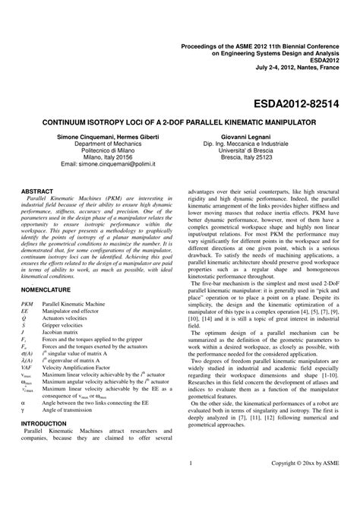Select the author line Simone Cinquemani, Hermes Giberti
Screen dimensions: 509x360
[105, 136]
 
